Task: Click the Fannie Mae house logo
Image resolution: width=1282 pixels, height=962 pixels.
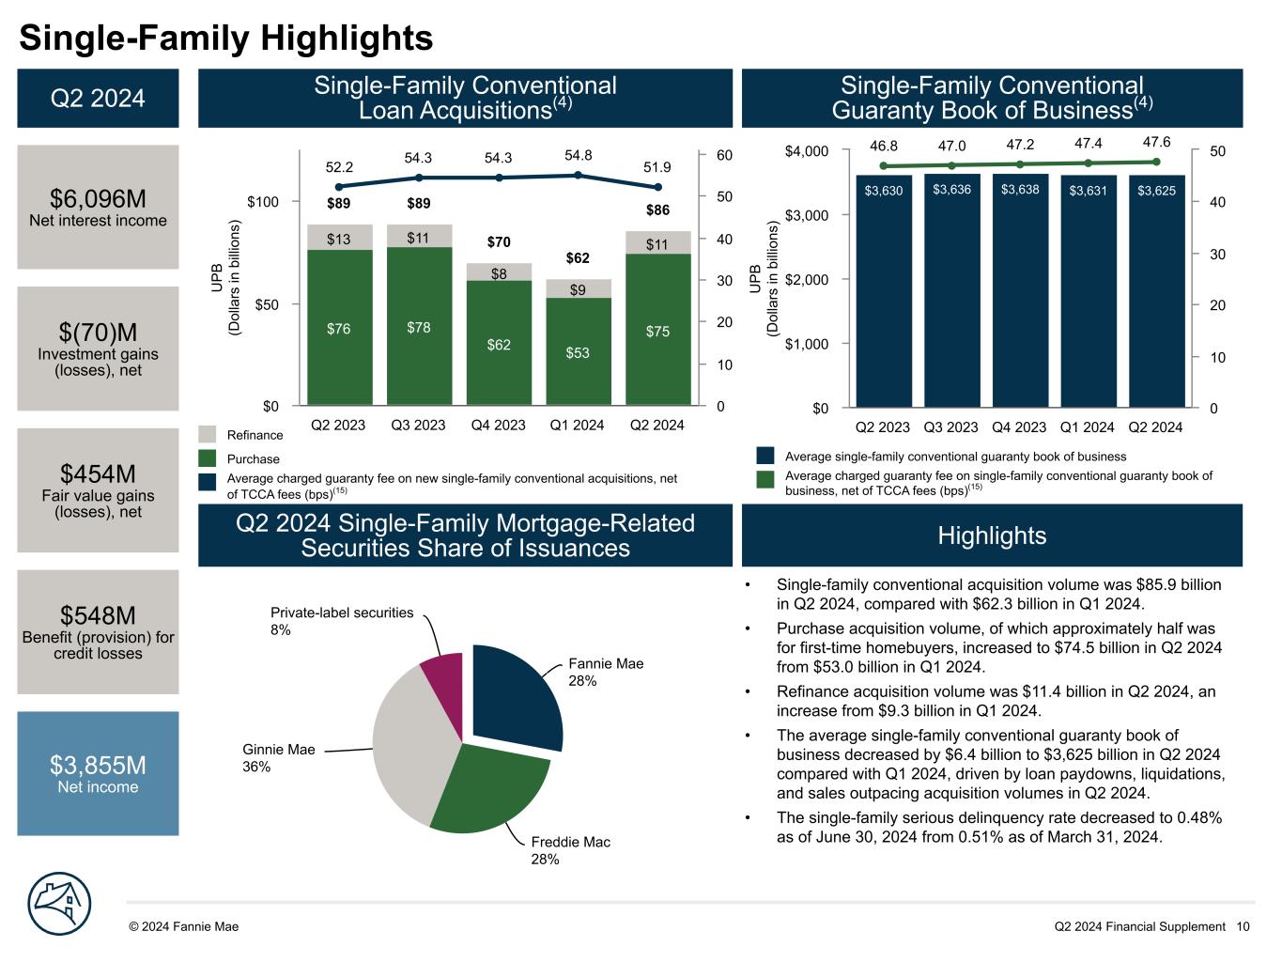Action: point(61,905)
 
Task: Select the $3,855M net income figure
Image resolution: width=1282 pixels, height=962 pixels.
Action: point(98,765)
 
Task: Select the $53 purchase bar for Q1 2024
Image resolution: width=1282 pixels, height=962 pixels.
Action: point(578,351)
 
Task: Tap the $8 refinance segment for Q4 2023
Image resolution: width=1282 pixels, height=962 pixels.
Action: point(499,272)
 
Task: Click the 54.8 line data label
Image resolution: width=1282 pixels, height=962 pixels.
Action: point(579,155)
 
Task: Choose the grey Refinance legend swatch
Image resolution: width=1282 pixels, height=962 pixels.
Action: point(209,434)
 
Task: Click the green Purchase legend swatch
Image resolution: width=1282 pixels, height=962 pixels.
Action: point(209,458)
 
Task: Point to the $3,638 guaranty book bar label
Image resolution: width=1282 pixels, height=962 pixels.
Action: point(1020,190)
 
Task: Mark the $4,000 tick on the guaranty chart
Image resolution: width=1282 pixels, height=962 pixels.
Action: point(807,151)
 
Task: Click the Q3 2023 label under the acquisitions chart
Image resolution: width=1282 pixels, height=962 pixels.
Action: point(418,425)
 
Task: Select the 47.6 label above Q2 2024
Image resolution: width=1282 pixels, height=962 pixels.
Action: point(1156,142)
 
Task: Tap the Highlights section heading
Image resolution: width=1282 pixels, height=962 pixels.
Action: point(992,535)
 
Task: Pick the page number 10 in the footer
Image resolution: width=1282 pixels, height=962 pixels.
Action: point(1243,926)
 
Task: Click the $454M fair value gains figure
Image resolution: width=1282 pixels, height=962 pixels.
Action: point(98,473)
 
